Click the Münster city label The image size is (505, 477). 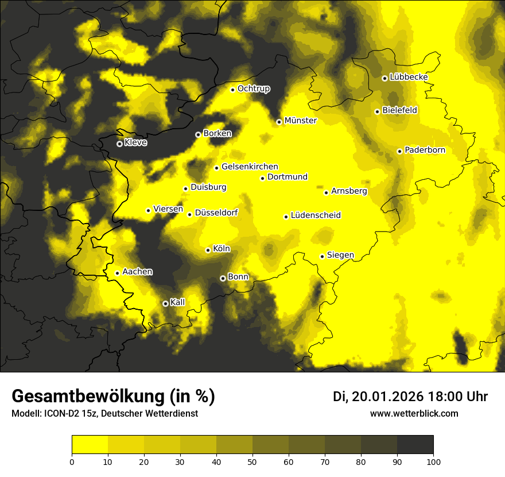pos(301,121)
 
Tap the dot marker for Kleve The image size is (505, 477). pos(119,144)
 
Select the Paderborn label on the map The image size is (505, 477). pos(425,150)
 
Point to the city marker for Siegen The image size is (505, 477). pos(323,256)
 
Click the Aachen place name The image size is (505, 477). pos(137,272)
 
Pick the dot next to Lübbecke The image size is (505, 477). pos(384,78)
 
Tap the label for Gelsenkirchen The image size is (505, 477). pos(250,167)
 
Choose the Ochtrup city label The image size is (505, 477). pos(254,89)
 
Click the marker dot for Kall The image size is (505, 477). pos(165,303)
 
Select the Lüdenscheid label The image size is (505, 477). pos(316,216)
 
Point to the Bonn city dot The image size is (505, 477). pos(223,278)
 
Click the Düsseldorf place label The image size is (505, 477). pos(216,213)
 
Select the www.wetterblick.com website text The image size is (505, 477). pos(414,414)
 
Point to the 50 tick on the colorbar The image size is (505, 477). pos(252,461)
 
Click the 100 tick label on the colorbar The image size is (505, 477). pos(433,461)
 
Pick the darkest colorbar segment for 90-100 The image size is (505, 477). pos(415,445)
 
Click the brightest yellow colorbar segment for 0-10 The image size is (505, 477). pos(90,445)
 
